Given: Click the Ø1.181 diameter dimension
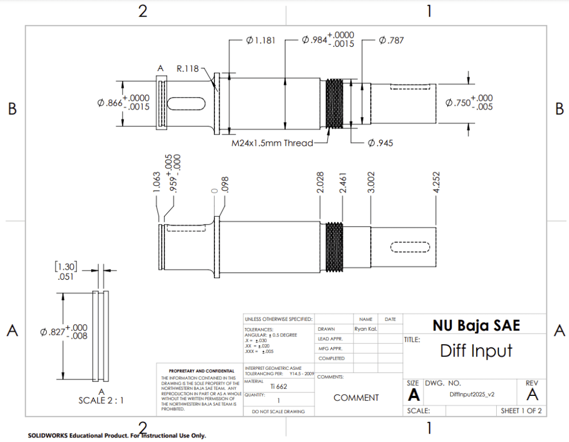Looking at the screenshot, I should pyautogui.click(x=259, y=40).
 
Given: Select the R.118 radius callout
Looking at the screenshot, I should pyautogui.click(x=188, y=69).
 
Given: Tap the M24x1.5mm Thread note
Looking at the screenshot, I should pyautogui.click(x=272, y=143).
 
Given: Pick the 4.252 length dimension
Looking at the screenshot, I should pyautogui.click(x=437, y=183).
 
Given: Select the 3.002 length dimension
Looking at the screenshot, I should pyautogui.click(x=371, y=183).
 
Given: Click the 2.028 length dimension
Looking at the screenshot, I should pyautogui.click(x=321, y=183).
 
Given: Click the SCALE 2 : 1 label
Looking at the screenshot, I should pyautogui.click(x=101, y=400).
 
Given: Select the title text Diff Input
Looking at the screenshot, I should pyautogui.click(x=476, y=351).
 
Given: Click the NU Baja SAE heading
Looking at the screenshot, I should pyautogui.click(x=476, y=325).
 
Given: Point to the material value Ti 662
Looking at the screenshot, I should pyautogui.click(x=278, y=386).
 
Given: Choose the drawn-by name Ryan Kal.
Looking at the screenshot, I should pyautogui.click(x=365, y=329).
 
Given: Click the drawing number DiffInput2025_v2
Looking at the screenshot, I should pyautogui.click(x=472, y=394).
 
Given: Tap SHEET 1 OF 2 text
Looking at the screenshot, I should pyautogui.click(x=521, y=411).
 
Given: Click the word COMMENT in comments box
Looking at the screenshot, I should pyautogui.click(x=356, y=398).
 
